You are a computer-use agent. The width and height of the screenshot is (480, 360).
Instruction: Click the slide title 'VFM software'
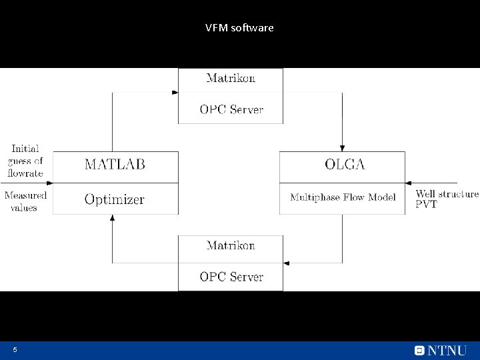[239, 28]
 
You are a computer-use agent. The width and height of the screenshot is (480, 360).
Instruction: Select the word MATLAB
[115, 165]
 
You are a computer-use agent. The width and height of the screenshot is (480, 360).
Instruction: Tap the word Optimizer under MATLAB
[114, 199]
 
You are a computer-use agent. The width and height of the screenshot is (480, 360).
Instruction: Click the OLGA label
[345, 165]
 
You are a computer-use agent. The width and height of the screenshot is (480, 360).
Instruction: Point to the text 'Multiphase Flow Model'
[343, 197]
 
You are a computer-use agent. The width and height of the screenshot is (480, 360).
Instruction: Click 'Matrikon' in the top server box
[231, 79]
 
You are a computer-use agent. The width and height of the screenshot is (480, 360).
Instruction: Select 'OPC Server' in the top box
[231, 109]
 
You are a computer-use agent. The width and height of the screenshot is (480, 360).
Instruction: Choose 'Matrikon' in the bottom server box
[231, 245]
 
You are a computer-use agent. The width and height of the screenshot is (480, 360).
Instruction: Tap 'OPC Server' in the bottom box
[231, 276]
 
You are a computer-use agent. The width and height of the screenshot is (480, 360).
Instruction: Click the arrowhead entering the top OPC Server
[175, 93]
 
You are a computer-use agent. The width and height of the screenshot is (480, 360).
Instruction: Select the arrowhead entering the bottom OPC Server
[287, 261]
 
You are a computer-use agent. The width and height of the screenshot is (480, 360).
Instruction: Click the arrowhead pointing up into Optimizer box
[112, 218]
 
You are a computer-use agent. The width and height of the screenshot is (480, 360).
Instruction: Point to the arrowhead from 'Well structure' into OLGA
[409, 183]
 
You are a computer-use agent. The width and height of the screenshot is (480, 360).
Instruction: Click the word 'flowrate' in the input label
[25, 173]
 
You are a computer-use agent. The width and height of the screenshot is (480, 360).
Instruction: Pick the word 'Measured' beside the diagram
[25, 195]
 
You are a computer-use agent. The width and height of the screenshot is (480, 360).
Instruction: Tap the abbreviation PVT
[426, 205]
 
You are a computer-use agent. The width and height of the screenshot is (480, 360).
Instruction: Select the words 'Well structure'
[447, 194]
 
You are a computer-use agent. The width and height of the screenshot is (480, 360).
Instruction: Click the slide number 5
[14, 350]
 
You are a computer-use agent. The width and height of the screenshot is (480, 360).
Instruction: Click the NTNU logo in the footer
[440, 350]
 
